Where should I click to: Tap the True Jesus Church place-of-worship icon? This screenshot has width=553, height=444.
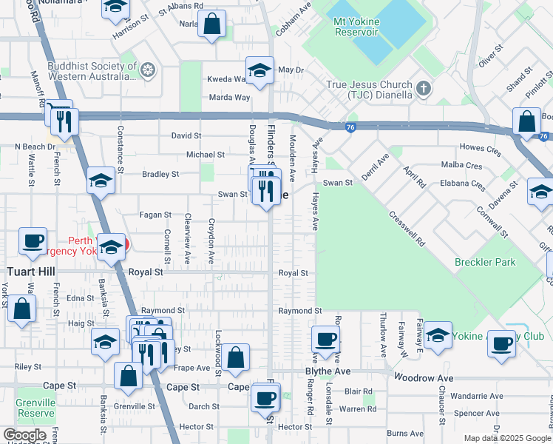(424, 89)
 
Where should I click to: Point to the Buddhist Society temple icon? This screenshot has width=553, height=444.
(148, 71)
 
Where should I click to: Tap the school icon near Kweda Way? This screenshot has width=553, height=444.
(259, 71)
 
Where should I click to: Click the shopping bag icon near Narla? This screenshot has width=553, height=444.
(212, 24)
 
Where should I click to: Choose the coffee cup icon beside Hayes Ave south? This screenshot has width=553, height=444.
(325, 340)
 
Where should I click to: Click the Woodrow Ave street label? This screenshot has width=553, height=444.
(424, 378)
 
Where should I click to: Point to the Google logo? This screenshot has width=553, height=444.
(24, 435)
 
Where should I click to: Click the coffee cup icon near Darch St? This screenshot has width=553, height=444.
(265, 397)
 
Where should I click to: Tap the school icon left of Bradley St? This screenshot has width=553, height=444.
(100, 181)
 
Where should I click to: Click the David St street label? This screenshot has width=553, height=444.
(186, 136)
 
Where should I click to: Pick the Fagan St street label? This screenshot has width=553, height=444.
(155, 215)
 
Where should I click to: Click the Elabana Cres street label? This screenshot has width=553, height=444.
(462, 183)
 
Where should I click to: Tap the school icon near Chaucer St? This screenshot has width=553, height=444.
(438, 335)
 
